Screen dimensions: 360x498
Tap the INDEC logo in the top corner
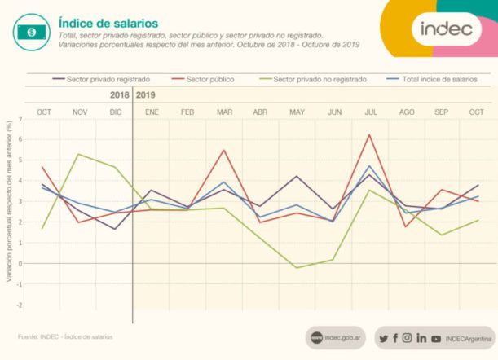[x=446, y=29]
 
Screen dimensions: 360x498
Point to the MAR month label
[x=223, y=111]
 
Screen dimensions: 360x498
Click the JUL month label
[x=370, y=111]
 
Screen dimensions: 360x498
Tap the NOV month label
[x=80, y=111]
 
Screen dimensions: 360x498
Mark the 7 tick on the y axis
[x=20, y=121]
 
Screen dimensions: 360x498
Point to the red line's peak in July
[x=370, y=135]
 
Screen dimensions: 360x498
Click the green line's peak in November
[x=78, y=154]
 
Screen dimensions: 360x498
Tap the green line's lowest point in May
[x=297, y=267]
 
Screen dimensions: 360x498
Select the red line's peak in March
[x=224, y=150]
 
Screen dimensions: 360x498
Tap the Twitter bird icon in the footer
[x=383, y=338]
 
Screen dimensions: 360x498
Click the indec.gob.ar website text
[x=342, y=338]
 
